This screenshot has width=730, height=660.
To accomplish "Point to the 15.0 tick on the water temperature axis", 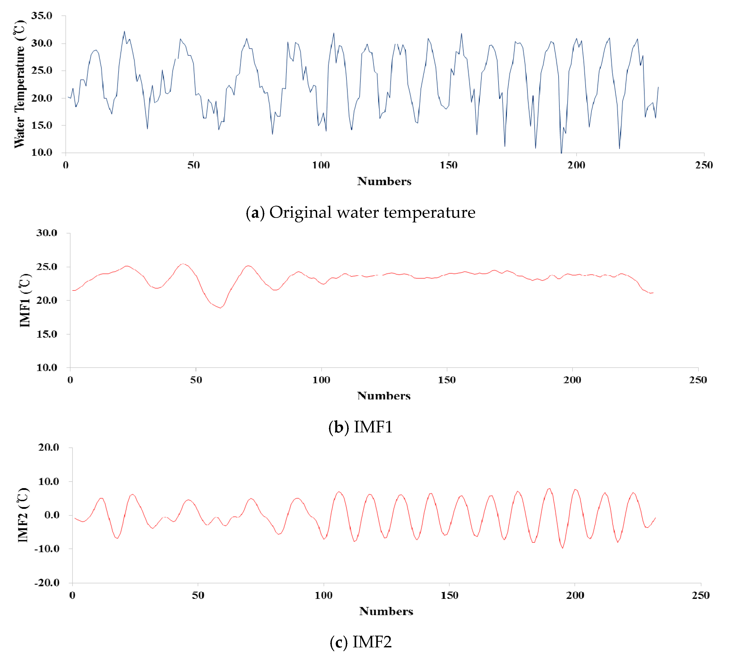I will (42, 125).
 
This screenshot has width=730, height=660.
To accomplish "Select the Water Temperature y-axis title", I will (20, 84).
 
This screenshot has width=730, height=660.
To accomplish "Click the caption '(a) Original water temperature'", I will (360, 212).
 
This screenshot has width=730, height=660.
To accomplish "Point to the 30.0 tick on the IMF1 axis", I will (47, 233).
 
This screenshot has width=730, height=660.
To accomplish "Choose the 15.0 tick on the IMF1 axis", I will (47, 334).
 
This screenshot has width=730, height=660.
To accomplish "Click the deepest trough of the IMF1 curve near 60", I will (220, 308).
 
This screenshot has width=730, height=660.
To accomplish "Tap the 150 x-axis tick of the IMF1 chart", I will (446, 380).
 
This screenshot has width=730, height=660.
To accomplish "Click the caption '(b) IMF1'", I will (360, 427).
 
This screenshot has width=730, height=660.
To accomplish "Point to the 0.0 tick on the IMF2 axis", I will (52, 515).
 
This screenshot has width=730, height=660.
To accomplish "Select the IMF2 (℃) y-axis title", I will (23, 515).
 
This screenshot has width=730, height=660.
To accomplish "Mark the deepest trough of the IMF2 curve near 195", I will (562, 548).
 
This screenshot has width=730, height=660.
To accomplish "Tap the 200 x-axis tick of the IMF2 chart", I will (575, 595).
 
